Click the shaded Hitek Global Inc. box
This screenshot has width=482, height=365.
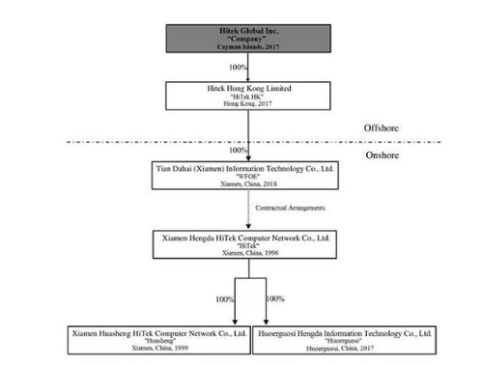(248, 39)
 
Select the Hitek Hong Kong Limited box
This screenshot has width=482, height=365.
(248, 96)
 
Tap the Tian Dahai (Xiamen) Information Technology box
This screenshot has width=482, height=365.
(245, 176)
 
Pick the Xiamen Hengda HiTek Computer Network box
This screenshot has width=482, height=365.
(244, 244)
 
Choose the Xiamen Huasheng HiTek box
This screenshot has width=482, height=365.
(159, 340)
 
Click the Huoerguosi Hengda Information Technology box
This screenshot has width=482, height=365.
(344, 340)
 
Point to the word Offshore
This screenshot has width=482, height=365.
(382, 128)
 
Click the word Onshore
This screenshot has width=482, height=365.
(383, 155)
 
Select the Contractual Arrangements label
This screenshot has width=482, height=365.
(290, 208)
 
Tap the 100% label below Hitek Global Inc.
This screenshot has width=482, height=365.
(238, 68)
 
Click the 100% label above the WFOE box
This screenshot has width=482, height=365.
(238, 150)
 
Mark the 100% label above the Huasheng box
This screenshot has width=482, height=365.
(224, 299)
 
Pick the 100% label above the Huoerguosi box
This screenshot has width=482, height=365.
(275, 298)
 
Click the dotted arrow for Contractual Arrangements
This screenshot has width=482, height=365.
(248, 210)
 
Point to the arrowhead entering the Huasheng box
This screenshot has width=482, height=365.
(235, 322)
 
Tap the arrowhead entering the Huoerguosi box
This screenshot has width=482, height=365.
(266, 322)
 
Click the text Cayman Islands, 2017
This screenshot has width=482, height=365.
(248, 47)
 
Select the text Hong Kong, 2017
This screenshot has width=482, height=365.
(247, 103)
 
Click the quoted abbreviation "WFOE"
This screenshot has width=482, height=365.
(248, 177)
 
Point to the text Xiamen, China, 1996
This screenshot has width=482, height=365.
(250, 253)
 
